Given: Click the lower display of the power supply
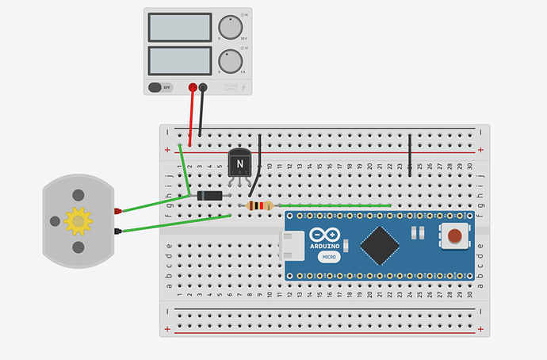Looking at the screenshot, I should pyautogui.click(x=178, y=60).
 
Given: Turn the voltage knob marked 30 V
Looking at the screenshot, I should pyautogui.click(x=231, y=26).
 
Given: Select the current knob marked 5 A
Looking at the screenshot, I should pyautogui.click(x=231, y=60).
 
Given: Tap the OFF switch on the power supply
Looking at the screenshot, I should pyautogui.click(x=161, y=87).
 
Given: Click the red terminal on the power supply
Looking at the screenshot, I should pyautogui.click(x=192, y=87).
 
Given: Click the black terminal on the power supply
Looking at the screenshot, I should pyautogui.click(x=203, y=87).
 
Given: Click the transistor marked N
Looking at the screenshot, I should pyautogui.click(x=240, y=164).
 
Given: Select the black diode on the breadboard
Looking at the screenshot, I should pyautogui.click(x=209, y=196).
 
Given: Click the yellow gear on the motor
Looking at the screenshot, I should pyautogui.click(x=78, y=220).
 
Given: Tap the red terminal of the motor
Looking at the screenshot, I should pyautogui.click(x=117, y=211).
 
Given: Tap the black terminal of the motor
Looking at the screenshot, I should pyautogui.click(x=117, y=231).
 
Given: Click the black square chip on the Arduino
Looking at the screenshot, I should pyautogui.click(x=382, y=244).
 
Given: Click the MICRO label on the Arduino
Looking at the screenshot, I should pyautogui.click(x=329, y=257).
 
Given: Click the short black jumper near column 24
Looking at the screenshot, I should pyautogui.click(x=410, y=154).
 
